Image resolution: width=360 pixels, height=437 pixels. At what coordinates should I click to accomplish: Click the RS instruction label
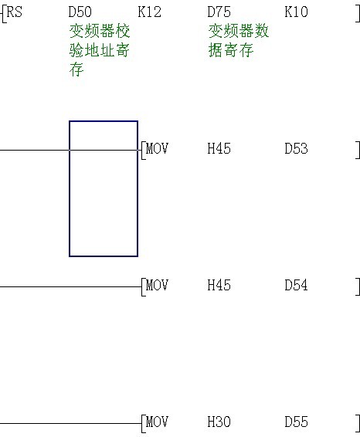[14, 12]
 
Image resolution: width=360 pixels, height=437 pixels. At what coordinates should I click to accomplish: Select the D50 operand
[80, 12]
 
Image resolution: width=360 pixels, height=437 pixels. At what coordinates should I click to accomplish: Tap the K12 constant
[149, 12]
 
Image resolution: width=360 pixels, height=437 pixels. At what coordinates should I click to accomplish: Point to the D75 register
[219, 12]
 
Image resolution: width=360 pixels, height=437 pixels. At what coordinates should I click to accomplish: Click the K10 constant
[296, 12]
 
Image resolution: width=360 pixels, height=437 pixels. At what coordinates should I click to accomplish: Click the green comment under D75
[239, 40]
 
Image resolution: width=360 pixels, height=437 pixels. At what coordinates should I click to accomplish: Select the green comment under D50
[100, 50]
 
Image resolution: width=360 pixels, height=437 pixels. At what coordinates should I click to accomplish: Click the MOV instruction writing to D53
[157, 148]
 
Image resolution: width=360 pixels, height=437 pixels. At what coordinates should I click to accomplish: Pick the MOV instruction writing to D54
[157, 285]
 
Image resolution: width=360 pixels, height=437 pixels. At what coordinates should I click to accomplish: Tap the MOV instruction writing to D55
[157, 422]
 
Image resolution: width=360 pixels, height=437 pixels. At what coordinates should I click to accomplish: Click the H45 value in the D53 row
[219, 148]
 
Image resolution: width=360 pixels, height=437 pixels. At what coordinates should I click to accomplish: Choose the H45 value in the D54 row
[219, 285]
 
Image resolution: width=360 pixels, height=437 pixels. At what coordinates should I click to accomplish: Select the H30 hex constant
[219, 422]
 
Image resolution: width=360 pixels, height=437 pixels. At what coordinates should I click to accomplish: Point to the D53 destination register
[296, 148]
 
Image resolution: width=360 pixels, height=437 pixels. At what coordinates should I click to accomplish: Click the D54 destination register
[296, 285]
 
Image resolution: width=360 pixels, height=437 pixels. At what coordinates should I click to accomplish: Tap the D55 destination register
[296, 422]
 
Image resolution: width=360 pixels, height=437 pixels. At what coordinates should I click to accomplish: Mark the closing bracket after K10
[358, 13]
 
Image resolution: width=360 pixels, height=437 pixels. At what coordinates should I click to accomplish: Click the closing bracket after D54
[358, 286]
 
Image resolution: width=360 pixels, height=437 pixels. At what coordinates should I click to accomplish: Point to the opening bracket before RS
[4, 14]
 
